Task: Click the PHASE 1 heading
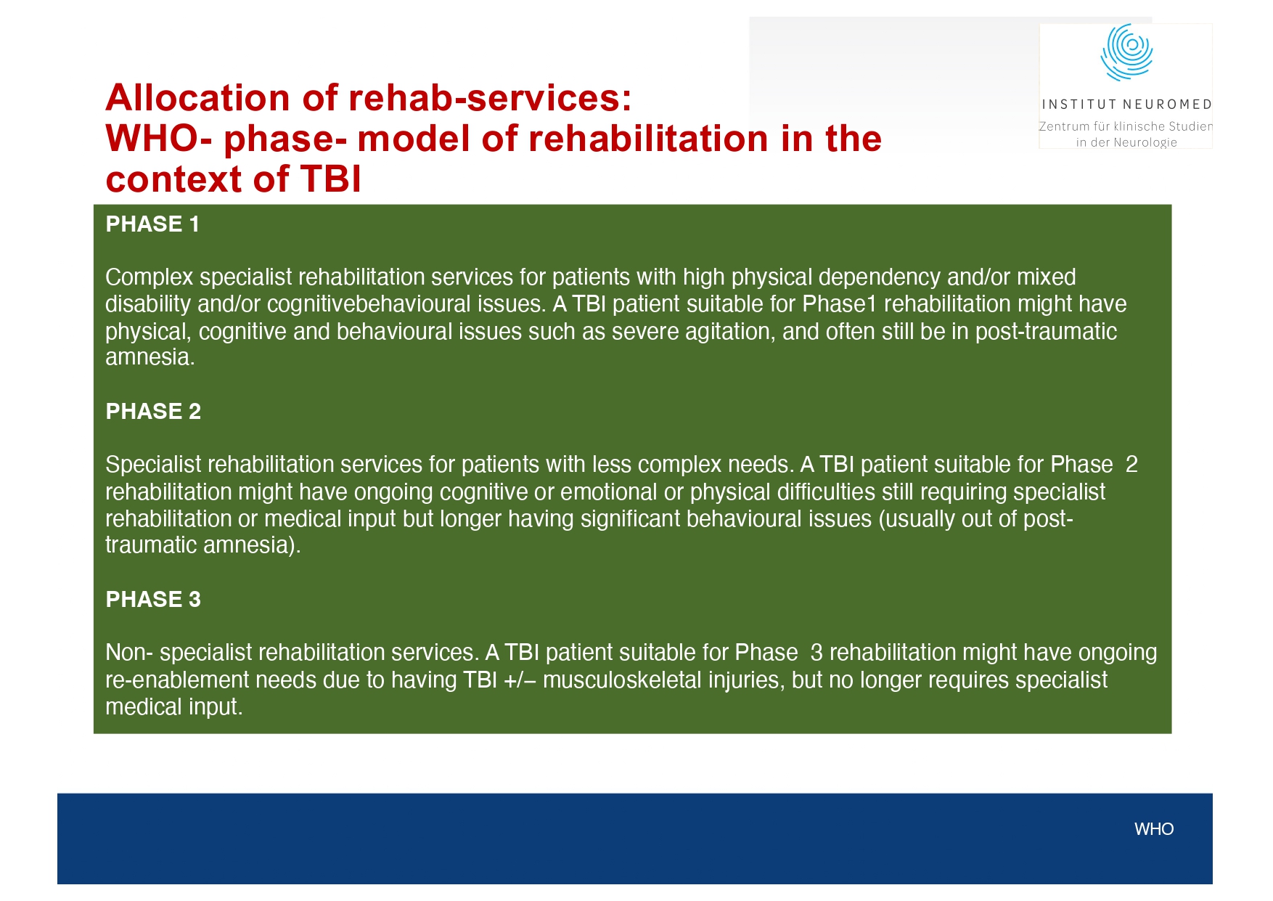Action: (152, 224)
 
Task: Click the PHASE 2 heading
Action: (153, 412)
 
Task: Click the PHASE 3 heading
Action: (153, 600)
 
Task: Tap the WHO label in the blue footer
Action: (1153, 829)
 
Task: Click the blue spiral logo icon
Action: (1126, 52)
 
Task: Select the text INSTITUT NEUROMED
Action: (1126, 105)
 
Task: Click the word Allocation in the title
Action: (197, 98)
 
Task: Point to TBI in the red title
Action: (330, 179)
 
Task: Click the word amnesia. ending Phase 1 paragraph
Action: (150, 358)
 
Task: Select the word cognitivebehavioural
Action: (369, 304)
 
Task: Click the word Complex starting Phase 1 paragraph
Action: (149, 277)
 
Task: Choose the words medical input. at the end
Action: (173, 707)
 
